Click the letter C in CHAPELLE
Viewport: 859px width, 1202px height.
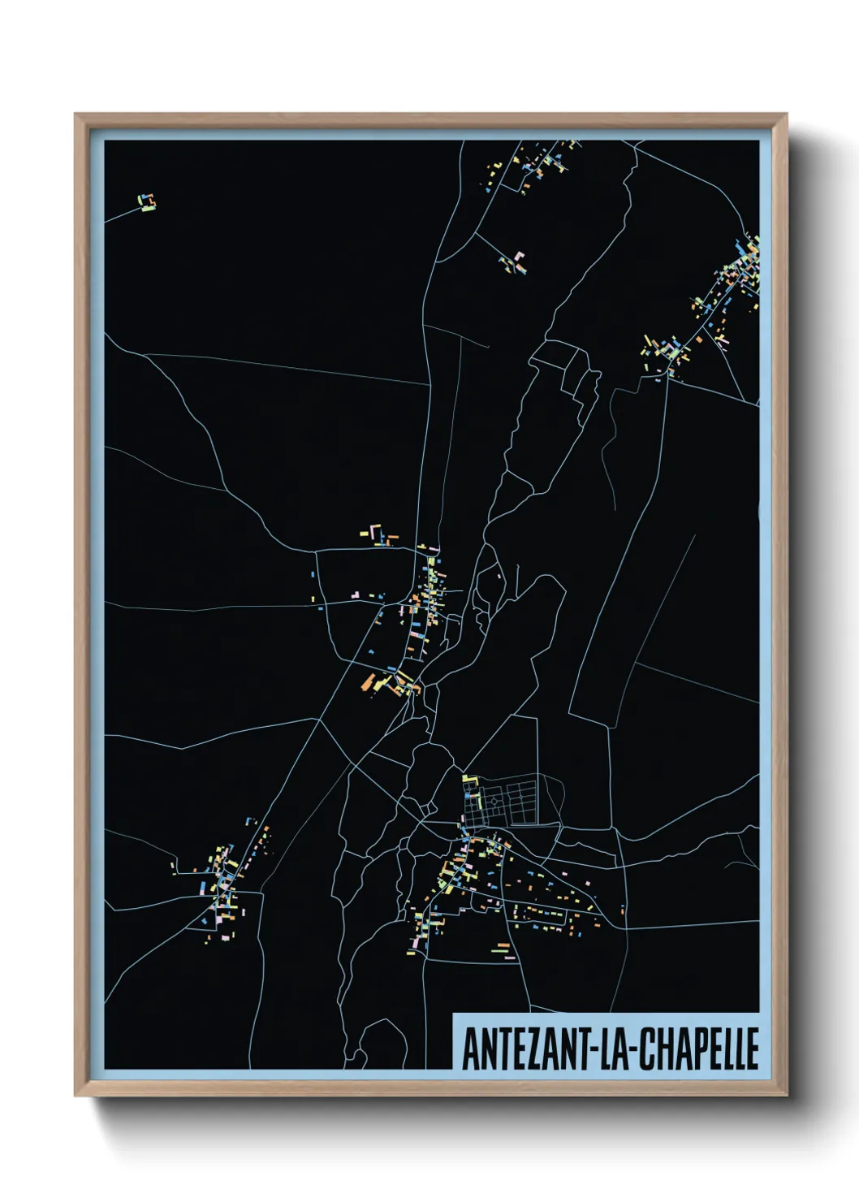[645, 1049]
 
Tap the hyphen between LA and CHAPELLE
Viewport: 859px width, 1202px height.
[632, 1050]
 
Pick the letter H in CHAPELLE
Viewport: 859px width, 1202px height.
[661, 1049]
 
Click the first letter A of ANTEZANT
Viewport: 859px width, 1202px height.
[469, 1049]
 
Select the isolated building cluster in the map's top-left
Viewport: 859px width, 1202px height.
[146, 202]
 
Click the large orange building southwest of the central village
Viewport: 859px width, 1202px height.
[371, 681]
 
